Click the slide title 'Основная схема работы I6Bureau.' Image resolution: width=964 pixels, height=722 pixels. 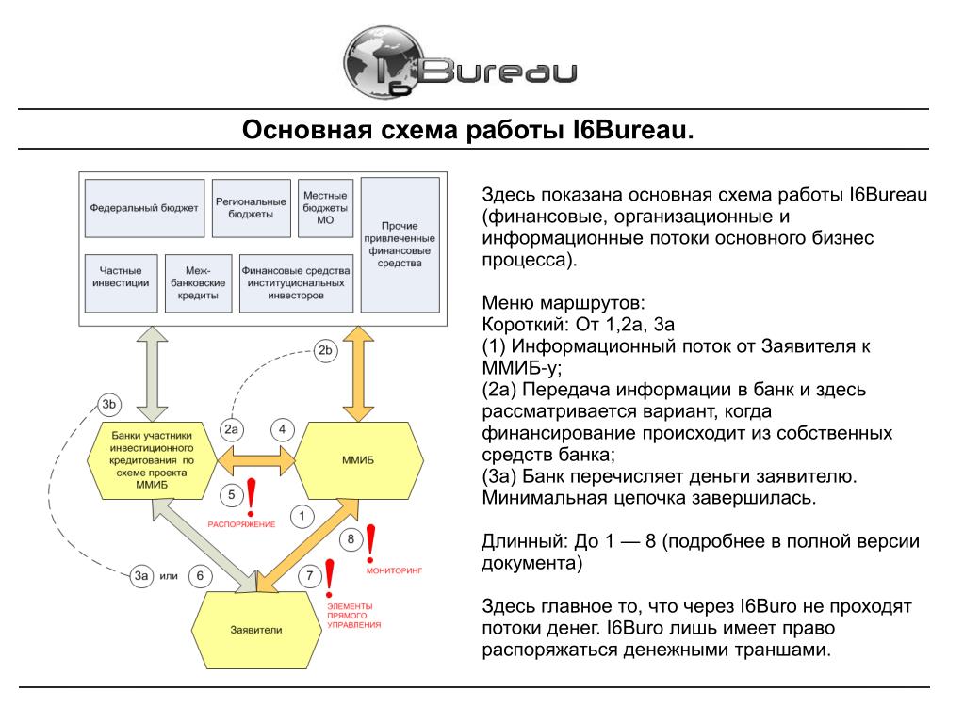pos(467,128)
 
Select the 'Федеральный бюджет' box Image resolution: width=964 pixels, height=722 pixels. pos(143,208)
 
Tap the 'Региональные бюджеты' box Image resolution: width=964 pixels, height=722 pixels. pos(250,208)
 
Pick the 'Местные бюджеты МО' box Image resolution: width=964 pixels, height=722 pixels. pos(325,208)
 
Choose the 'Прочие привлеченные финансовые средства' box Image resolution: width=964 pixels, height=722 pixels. pos(400,245)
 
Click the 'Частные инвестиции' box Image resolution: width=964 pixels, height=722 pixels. pos(120,282)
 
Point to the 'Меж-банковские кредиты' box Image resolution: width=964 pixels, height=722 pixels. pos(198,282)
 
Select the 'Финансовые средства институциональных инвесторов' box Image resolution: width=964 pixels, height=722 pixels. pos(296,282)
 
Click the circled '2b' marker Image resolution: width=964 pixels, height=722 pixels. pos(325,351)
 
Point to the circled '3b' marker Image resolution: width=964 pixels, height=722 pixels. pos(108,406)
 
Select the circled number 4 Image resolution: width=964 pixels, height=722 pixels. pos(282,429)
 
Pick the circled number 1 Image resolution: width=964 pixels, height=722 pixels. pos(301,515)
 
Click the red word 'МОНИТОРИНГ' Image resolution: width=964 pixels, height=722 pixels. pos(396,570)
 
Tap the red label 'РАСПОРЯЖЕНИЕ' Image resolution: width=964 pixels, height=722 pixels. pos(241,523)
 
